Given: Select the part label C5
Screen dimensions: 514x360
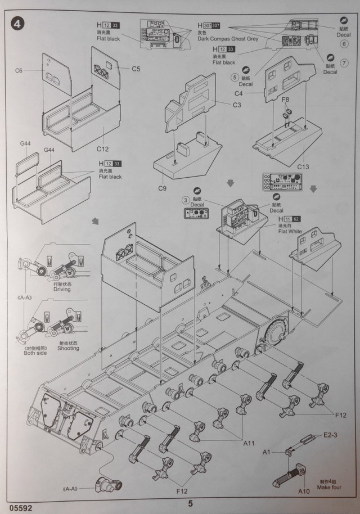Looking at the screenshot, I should pyautogui.click(x=137, y=69).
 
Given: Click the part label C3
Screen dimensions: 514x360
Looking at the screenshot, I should pyautogui.click(x=237, y=104).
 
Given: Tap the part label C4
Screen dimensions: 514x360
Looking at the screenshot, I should pyautogui.click(x=238, y=93).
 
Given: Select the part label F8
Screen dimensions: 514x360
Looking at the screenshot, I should pyautogui.click(x=286, y=100).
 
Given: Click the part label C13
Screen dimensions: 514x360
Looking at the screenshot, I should pyautogui.click(x=303, y=166).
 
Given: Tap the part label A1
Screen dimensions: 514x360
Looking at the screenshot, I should pyautogui.click(x=267, y=452).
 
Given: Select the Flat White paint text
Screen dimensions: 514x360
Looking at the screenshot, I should pyautogui.click(x=290, y=231).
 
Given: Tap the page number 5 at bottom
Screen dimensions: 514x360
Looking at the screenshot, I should pyautogui.click(x=190, y=504).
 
